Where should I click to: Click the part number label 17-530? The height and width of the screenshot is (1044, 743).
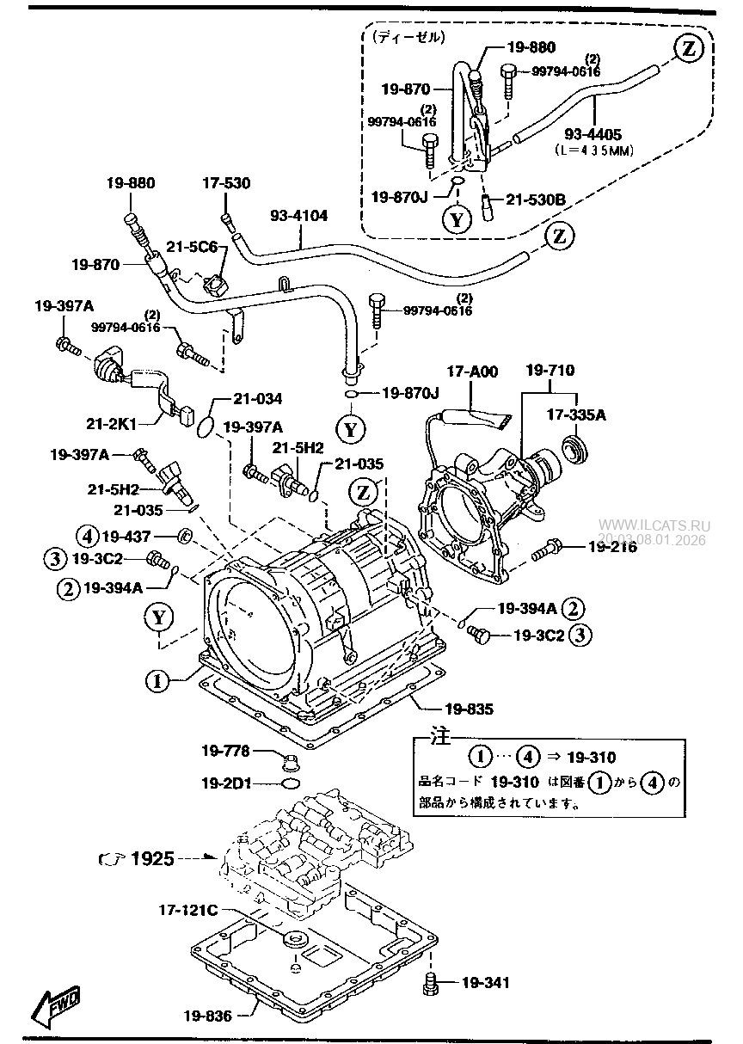pos(226,183)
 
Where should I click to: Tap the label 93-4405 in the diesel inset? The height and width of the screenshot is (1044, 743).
pos(593,134)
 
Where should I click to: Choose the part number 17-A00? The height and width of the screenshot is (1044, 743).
pos(471,372)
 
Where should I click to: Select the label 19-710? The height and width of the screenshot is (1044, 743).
pos(550,371)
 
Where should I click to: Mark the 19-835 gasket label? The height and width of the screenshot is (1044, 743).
pos(470,709)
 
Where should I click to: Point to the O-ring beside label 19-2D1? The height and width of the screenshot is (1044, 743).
pos(291,783)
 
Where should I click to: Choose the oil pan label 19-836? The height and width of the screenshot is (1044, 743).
pos(207,1015)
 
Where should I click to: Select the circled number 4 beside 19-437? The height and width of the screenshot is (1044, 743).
pos(87,536)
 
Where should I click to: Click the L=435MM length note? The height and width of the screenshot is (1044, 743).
pos(593,149)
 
